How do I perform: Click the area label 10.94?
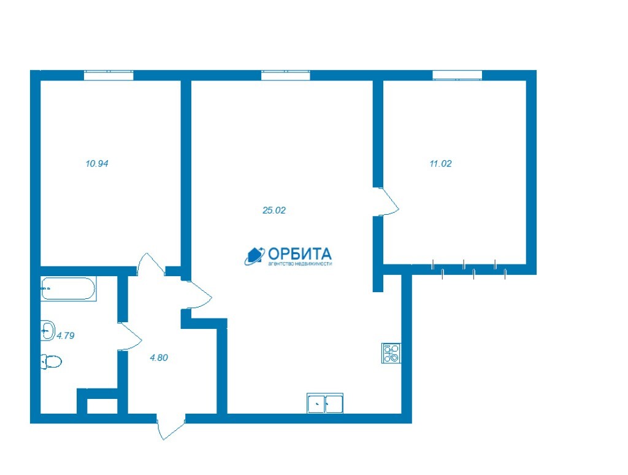click(97, 163)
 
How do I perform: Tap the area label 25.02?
click(274, 210)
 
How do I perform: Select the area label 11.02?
click(440, 163)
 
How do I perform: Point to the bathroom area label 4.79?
click(66, 336)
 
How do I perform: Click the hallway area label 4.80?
click(159, 358)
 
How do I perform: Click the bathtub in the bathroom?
click(69, 288)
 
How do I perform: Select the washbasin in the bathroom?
click(48, 331)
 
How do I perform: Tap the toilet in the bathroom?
click(52, 361)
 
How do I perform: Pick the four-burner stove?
click(391, 353)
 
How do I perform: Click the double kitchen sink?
click(325, 403)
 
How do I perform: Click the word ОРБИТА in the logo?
click(299, 253)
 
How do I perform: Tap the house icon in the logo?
click(255, 256)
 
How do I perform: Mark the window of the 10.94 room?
click(109, 75)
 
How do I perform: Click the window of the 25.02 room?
click(286, 75)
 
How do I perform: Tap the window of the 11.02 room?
click(458, 75)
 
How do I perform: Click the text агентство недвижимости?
click(300, 264)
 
